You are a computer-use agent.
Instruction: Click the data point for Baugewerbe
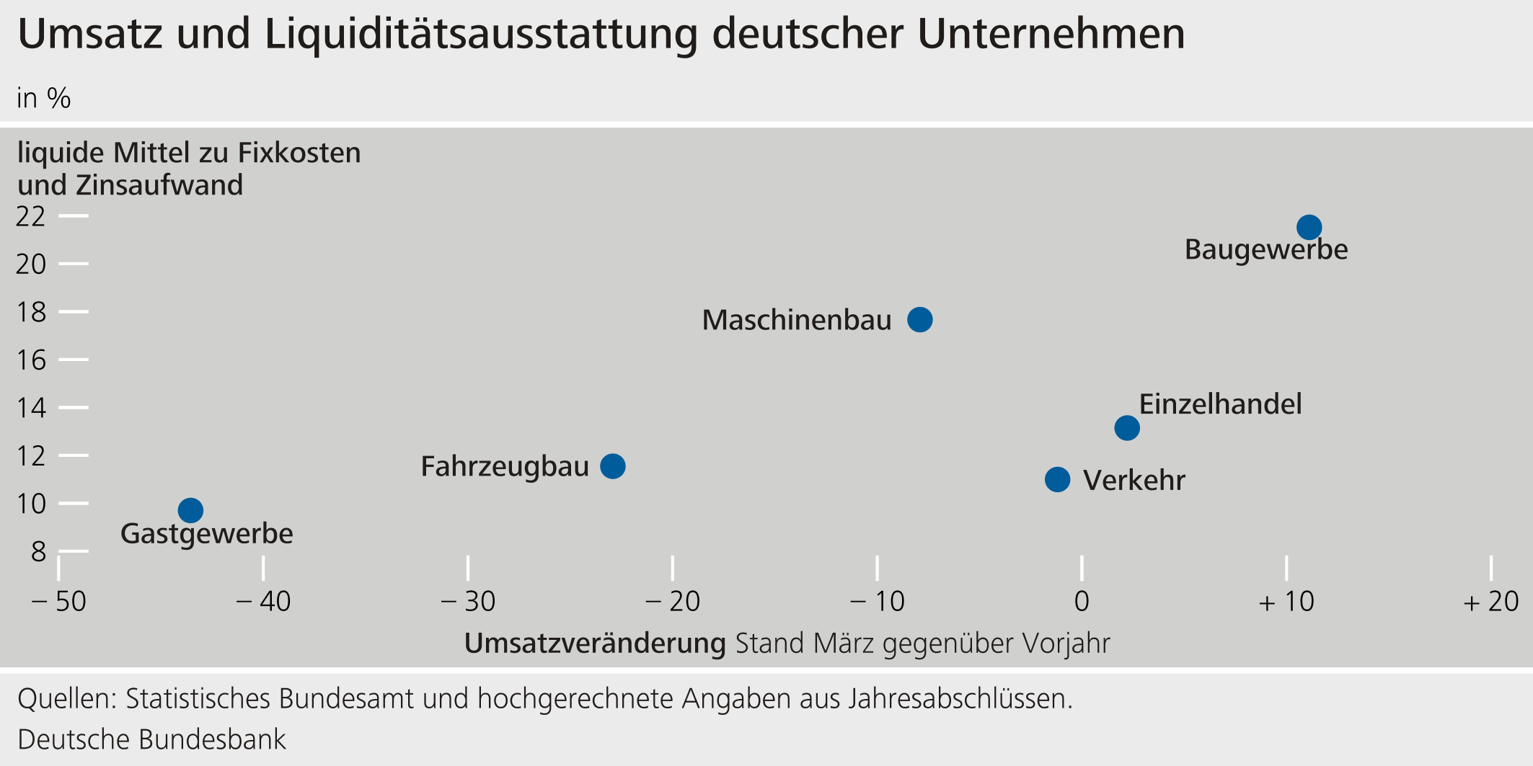[1309, 228]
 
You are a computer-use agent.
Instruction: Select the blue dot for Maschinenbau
[919, 319]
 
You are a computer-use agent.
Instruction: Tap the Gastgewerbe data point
[190, 510]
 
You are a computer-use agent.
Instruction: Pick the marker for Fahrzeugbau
[613, 466]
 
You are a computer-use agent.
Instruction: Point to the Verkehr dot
[1057, 479]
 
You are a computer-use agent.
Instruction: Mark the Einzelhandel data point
[1127, 428]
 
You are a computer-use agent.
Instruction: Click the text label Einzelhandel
[1220, 404]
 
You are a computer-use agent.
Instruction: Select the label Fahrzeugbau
[505, 467]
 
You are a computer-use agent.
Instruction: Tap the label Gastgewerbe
[206, 534]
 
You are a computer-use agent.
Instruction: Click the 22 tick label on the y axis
[30, 216]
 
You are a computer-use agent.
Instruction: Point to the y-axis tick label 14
[30, 408]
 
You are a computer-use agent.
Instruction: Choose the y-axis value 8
[38, 552]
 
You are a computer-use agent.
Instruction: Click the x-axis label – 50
[59, 602]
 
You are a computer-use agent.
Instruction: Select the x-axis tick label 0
[1082, 602]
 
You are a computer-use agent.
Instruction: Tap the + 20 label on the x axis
[1490, 602]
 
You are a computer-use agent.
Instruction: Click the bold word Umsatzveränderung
[595, 643]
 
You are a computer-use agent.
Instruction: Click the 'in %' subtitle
[44, 99]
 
